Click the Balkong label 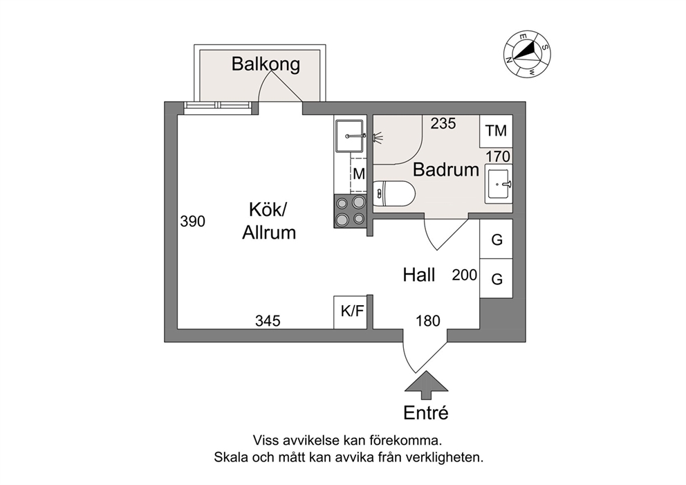pyautogui.click(x=266, y=65)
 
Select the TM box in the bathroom pyautogui.click(x=496, y=131)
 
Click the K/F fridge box pyautogui.click(x=352, y=312)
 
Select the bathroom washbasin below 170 pyautogui.click(x=498, y=184)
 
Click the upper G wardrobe pyautogui.click(x=496, y=240)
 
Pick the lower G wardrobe pyautogui.click(x=496, y=279)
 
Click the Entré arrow pyautogui.click(x=425, y=385)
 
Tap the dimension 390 pyautogui.click(x=193, y=222)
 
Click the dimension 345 pyautogui.click(x=268, y=320)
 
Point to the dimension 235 pyautogui.click(x=443, y=125)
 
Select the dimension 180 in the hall pyautogui.click(x=428, y=320)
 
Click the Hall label pyautogui.click(x=419, y=276)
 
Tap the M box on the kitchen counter pyautogui.click(x=359, y=174)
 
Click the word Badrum pyautogui.click(x=446, y=170)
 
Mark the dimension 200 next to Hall pyautogui.click(x=465, y=275)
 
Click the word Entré pyautogui.click(x=426, y=414)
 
